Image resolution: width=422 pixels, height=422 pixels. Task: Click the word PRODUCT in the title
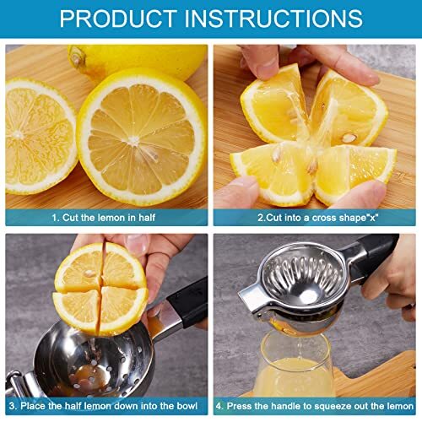click(118, 19)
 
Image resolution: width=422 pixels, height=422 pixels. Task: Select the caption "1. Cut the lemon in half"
click(106, 217)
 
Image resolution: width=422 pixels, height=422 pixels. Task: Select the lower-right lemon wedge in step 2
click(354, 169)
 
